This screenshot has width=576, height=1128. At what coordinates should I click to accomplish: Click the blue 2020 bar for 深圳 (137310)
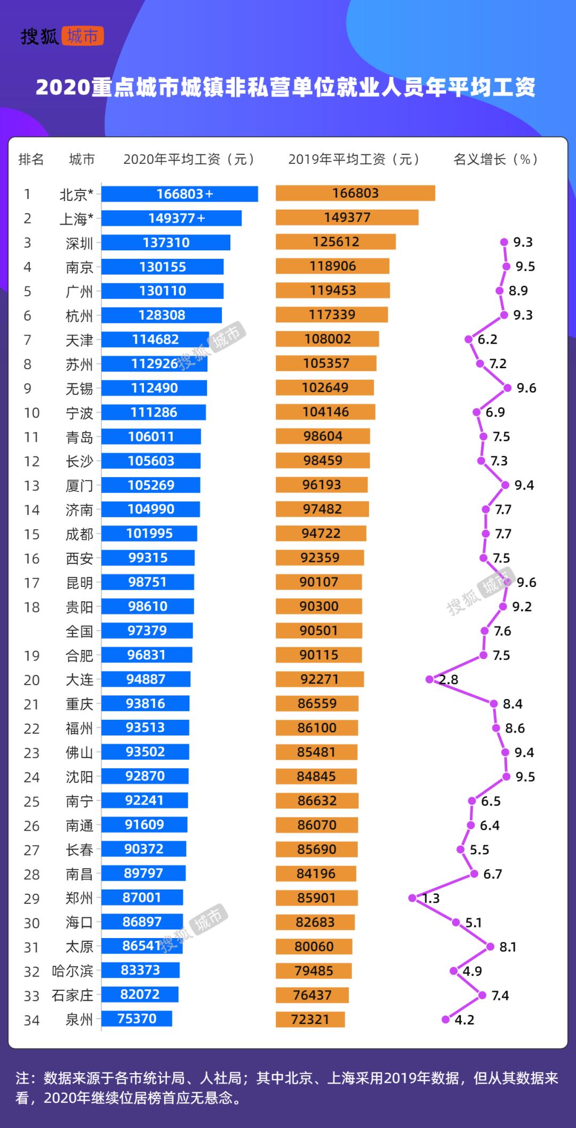pos(166,242)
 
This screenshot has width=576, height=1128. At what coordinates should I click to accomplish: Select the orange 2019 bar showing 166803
pos(355,193)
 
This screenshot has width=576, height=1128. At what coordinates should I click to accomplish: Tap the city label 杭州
pos(79,316)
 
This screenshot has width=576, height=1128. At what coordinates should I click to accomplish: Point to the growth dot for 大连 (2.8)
pos(429,679)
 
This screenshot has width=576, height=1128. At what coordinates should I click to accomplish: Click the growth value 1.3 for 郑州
pos(431,899)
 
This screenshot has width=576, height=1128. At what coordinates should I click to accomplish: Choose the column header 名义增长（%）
pos(495,159)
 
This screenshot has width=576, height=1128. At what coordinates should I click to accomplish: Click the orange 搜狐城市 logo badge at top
pos(82,36)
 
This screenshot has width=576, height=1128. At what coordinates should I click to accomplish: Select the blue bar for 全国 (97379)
pos(147,631)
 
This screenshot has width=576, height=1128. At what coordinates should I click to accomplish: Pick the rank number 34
pos(31,1021)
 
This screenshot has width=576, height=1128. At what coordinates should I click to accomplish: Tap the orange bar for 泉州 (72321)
pos(310,1020)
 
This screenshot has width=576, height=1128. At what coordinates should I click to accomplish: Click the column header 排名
pos(31,159)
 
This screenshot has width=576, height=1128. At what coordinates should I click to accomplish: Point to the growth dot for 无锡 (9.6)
pos(507,388)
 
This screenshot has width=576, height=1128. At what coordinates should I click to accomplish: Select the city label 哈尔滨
pos(73,971)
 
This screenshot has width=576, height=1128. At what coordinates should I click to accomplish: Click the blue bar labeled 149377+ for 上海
pos(171,218)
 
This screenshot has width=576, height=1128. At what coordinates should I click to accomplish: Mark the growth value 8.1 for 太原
pos(508,947)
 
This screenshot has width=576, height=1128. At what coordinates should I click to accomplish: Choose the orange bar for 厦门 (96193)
pos(322,485)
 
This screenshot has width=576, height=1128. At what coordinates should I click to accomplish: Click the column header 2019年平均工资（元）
pos(354,159)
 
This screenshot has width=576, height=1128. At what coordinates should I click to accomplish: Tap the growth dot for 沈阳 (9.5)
pos(506,776)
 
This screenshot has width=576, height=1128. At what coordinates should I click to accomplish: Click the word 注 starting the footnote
pos(22,1078)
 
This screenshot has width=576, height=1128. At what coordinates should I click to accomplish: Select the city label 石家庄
pos(73,996)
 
